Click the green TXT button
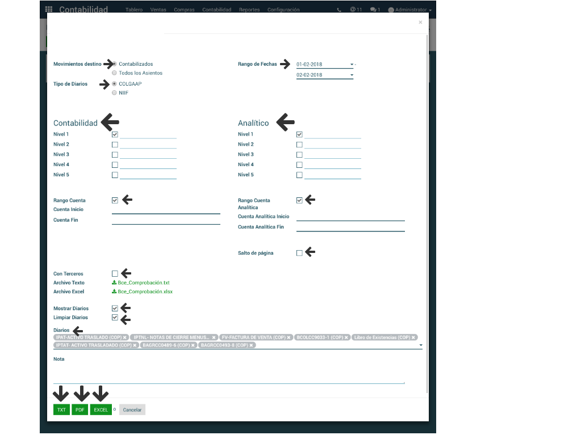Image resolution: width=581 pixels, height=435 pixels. [x=61, y=409]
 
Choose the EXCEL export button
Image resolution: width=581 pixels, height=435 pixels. [x=101, y=409]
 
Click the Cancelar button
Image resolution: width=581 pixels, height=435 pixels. [x=132, y=409]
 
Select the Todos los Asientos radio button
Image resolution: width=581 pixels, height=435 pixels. [x=115, y=73]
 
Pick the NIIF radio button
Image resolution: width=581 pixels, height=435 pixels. [x=115, y=93]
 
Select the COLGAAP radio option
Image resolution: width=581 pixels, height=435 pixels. [x=115, y=84]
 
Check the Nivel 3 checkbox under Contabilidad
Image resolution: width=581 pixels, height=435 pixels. [x=115, y=155]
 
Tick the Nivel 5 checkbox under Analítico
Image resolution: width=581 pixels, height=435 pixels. [x=299, y=175]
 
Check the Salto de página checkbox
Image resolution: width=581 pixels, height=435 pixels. [x=299, y=253]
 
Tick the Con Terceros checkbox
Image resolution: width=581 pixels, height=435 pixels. [x=115, y=274]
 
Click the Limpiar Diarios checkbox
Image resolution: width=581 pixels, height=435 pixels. [x=115, y=318]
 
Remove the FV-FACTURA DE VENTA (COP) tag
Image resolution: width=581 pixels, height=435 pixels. [x=289, y=337]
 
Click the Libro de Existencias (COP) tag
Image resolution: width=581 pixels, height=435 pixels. [x=382, y=337]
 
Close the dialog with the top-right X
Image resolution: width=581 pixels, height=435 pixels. [x=420, y=22]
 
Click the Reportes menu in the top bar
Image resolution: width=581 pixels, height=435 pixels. [x=249, y=10]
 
